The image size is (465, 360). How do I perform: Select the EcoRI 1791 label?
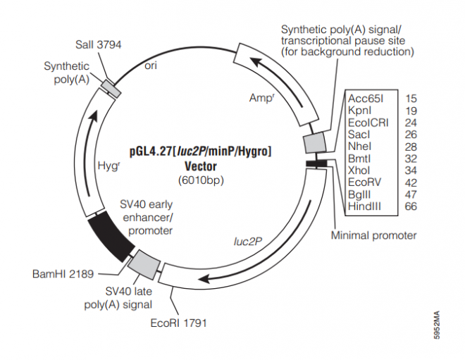[179, 323]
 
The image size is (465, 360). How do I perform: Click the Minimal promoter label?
[373, 235]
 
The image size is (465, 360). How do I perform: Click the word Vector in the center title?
[200, 166]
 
